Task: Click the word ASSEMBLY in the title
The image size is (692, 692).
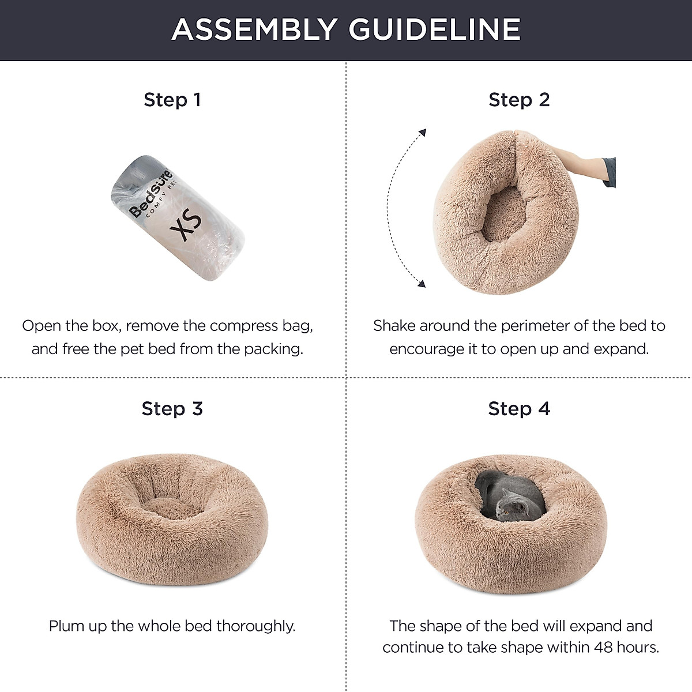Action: coord(254,30)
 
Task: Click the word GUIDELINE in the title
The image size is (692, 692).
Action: coord(435,30)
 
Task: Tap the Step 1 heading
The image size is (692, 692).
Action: coord(172,100)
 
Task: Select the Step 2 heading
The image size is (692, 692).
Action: coord(519,100)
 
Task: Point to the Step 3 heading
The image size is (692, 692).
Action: coord(172,409)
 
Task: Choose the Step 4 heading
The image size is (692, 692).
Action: coord(519,409)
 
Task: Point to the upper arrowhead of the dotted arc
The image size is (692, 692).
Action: coord(422,133)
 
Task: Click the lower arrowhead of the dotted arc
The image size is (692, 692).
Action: coord(421,283)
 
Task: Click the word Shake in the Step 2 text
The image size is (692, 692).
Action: coord(394,326)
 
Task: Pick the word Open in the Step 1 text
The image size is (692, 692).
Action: coord(40,326)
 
